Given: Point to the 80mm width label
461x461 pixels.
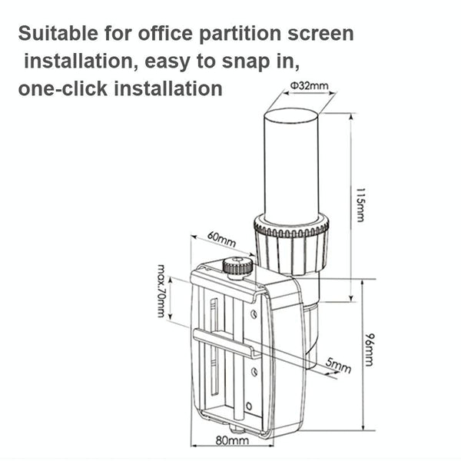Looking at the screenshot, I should pos(230,441).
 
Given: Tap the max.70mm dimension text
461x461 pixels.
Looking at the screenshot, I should pos(161,291).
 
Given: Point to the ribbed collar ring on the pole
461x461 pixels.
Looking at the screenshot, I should pos(291,226).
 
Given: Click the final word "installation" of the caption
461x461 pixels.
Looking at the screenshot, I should pos(168,88).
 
